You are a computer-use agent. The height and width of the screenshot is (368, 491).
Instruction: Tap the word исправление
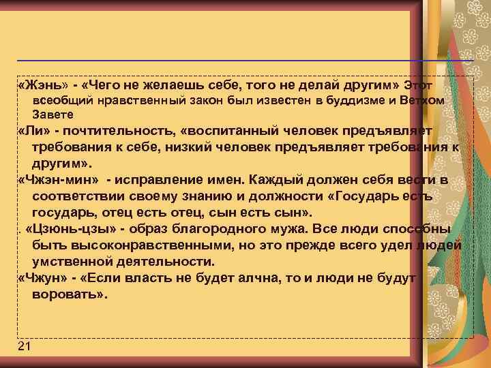pos(158,180)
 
